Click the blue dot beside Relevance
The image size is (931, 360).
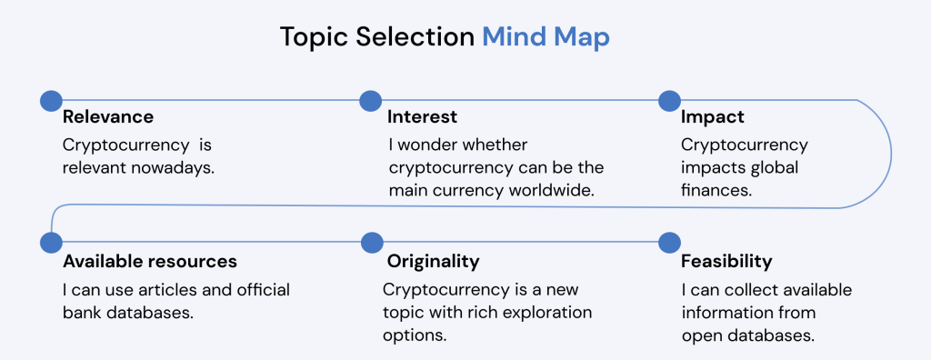coord(51,100)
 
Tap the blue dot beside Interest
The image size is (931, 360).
coord(371,100)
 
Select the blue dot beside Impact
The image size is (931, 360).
coord(669,100)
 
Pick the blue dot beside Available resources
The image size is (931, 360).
coord(51,243)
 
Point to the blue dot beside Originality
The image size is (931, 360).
coord(372,243)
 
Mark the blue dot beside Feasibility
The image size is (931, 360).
coord(670,243)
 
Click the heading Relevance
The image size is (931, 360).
coord(108,117)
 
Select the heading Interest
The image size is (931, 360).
coord(422,117)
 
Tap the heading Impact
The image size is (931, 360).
coord(713,117)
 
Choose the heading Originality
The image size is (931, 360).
coord(433,262)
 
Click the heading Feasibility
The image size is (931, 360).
coord(726,262)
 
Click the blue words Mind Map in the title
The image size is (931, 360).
coord(546,37)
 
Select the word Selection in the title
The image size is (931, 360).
coord(415,37)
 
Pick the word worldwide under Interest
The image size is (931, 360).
coord(559,189)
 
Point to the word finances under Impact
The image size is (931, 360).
coord(716,189)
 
